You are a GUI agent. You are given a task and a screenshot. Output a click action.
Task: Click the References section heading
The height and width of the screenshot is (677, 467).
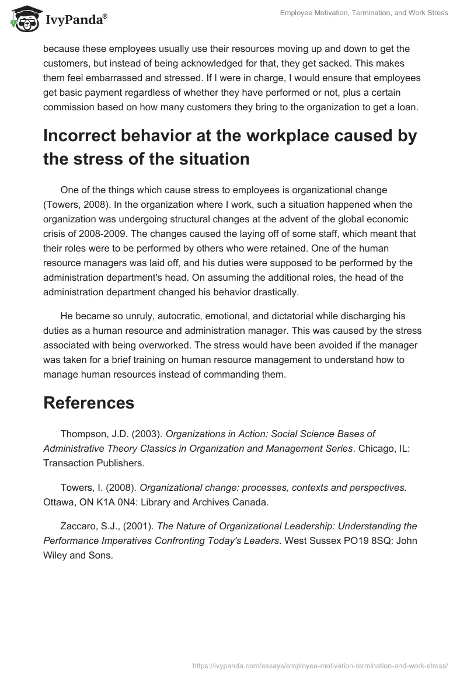click(89, 402)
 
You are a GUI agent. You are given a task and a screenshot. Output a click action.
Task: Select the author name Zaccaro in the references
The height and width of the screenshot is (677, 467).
click(79, 526)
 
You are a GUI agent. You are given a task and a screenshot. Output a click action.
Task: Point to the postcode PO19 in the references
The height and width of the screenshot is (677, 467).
click(353, 541)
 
